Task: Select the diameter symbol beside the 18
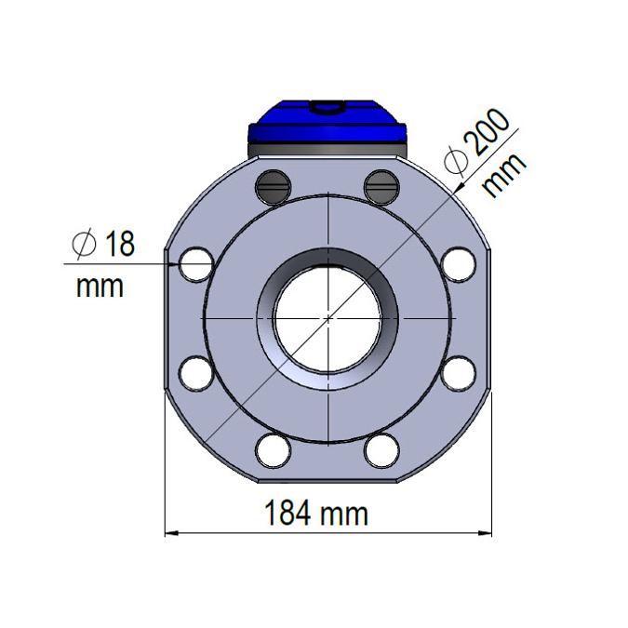pyautogui.click(x=84, y=245)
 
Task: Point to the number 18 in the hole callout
pyautogui.click(x=119, y=245)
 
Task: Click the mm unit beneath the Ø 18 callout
pyautogui.click(x=100, y=286)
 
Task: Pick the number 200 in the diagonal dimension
pyautogui.click(x=486, y=135)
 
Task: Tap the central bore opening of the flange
pyautogui.click(x=328, y=319)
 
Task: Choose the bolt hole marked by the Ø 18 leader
pyautogui.click(x=196, y=264)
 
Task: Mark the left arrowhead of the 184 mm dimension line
pyautogui.click(x=170, y=534)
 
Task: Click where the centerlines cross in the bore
pyautogui.click(x=328, y=318)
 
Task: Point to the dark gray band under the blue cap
pyautogui.click(x=327, y=148)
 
